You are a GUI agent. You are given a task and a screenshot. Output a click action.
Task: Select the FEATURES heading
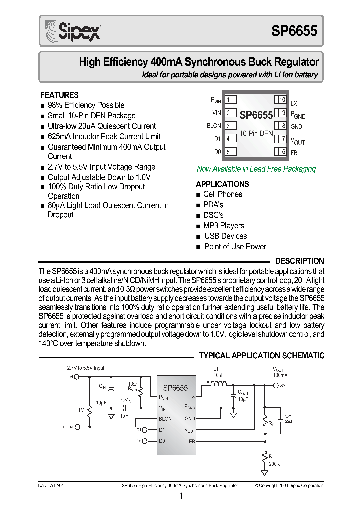(59, 95)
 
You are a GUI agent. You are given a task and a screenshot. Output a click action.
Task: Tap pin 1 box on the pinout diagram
(229, 100)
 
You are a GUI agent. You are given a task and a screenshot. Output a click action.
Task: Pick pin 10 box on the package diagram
(282, 100)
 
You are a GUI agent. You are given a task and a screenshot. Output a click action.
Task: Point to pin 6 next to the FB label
(282, 152)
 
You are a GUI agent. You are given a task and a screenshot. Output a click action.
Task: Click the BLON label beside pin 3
(214, 126)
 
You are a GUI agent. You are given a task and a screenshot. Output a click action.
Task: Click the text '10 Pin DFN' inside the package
(256, 133)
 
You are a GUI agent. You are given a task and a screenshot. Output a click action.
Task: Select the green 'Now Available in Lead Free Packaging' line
(256, 169)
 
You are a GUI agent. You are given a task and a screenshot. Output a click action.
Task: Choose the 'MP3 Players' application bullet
(223, 226)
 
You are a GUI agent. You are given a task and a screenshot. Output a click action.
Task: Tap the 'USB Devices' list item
(225, 236)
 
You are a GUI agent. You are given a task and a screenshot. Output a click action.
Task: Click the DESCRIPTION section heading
(299, 261)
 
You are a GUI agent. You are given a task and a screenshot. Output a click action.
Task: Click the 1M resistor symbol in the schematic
(90, 411)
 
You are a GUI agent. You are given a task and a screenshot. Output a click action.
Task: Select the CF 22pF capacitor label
(288, 418)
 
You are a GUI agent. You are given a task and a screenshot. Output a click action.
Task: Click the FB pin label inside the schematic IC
(192, 441)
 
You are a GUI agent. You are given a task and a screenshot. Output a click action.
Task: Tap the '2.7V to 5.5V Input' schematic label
(86, 368)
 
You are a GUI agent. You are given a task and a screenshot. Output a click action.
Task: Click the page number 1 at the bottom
(181, 496)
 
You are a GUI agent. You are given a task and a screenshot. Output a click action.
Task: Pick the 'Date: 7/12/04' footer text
(51, 485)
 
